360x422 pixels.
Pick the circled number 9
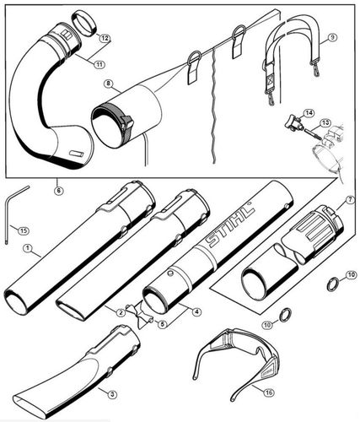point(332,38)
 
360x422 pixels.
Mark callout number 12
point(104,39)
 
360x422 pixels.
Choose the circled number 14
point(309,112)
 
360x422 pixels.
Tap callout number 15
point(23,230)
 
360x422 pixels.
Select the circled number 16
point(268,392)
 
